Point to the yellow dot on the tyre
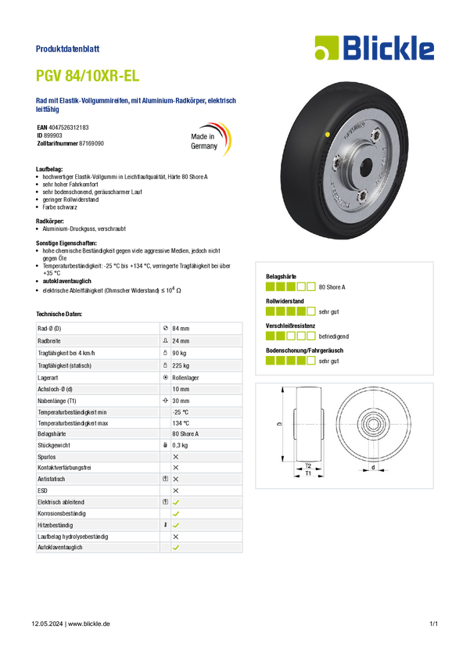tap(327, 135)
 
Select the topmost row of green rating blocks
tap(289, 286)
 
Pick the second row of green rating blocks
tap(289, 311)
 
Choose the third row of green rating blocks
tap(289, 336)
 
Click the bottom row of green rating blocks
tap(289, 361)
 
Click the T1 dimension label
tap(308, 473)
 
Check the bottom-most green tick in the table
tap(175, 548)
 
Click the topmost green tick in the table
tap(175, 501)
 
